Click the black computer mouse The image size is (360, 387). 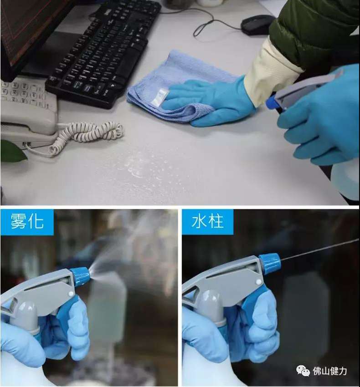tap(257, 25)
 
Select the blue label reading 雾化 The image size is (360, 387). tap(27, 221)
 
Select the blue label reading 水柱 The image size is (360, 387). tap(207, 221)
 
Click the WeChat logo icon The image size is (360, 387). tap(303, 371)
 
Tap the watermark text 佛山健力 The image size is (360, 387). tap(329, 371)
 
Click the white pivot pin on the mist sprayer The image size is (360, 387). tap(71, 294)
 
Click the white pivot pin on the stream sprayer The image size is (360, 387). tap(258, 282)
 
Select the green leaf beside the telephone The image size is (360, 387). tap(12, 151)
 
